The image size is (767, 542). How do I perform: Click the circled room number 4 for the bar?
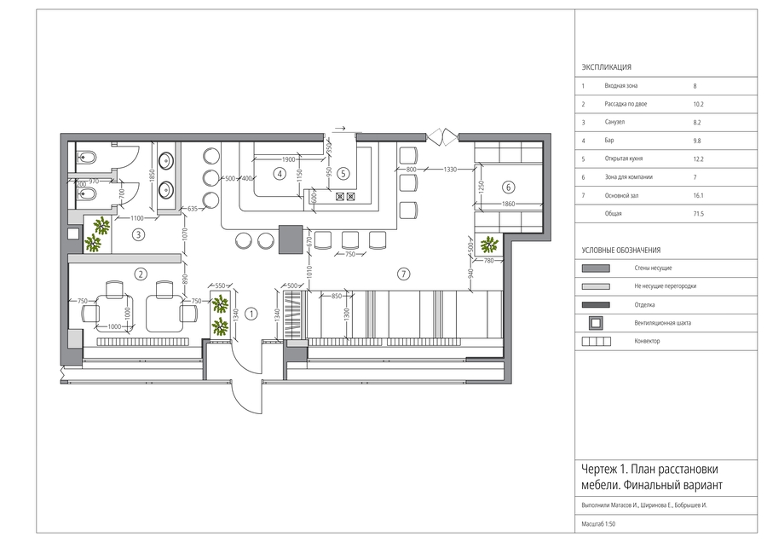tap(280, 174)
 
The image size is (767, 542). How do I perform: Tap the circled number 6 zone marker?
tap(508, 187)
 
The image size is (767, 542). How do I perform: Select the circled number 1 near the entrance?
tap(251, 314)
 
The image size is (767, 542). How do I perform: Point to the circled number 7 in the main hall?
tap(404, 274)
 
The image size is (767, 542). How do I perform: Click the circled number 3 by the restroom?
tap(138, 235)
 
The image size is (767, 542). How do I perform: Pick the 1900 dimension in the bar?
tap(289, 159)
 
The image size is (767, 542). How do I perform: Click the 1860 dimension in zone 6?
tap(508, 204)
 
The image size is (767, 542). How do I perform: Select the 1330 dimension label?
tap(450, 170)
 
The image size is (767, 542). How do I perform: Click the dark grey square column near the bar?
tap(291, 239)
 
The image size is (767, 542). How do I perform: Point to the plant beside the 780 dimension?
tap(489, 244)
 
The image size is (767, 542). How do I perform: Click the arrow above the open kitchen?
tap(339, 128)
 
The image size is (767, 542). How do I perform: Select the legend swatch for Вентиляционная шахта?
tap(596, 323)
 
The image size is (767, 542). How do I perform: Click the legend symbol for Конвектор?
tap(597, 342)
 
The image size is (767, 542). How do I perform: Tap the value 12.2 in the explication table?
tap(698, 159)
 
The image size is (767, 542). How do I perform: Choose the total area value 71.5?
tap(698, 214)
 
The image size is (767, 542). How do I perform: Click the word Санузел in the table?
tap(614, 122)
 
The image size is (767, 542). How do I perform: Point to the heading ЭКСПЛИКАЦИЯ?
tap(606, 67)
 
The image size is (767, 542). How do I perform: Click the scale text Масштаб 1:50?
tap(598, 524)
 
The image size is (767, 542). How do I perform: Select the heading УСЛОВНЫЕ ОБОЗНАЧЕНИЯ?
tap(620, 250)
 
